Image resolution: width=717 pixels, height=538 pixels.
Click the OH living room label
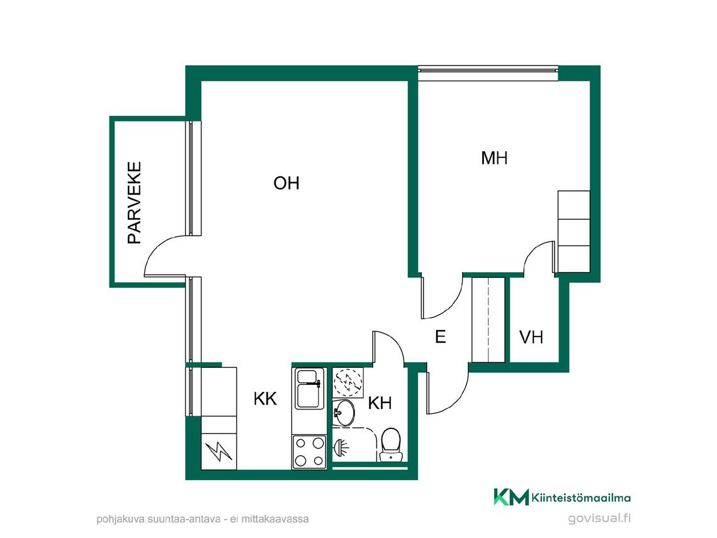pyautogui.click(x=286, y=183)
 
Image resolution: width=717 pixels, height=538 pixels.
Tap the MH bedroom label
pyautogui.click(x=494, y=158)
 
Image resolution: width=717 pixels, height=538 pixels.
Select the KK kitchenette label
pyautogui.click(x=265, y=399)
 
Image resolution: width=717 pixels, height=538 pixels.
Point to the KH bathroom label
pyautogui.click(x=380, y=403)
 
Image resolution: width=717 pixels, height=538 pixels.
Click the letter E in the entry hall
pyautogui.click(x=441, y=336)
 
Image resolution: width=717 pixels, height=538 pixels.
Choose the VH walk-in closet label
pyautogui.click(x=531, y=337)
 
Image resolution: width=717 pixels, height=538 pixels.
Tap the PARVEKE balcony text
pyautogui.click(x=135, y=203)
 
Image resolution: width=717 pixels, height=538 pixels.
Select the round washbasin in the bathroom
pyautogui.click(x=343, y=413)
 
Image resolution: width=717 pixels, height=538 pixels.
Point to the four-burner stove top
pyautogui.click(x=310, y=452)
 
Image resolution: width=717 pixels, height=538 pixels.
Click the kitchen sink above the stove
pyautogui.click(x=310, y=389)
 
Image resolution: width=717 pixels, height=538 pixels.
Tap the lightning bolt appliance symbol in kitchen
pyautogui.click(x=219, y=451)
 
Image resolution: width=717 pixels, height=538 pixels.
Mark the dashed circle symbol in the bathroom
pyautogui.click(x=348, y=382)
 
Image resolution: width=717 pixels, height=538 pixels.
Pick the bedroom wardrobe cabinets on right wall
pyautogui.click(x=574, y=231)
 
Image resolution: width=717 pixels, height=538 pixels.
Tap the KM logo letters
pyautogui.click(x=511, y=497)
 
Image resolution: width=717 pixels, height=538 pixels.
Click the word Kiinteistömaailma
pyautogui.click(x=581, y=498)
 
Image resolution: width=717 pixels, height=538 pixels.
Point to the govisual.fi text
pyautogui.click(x=599, y=518)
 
